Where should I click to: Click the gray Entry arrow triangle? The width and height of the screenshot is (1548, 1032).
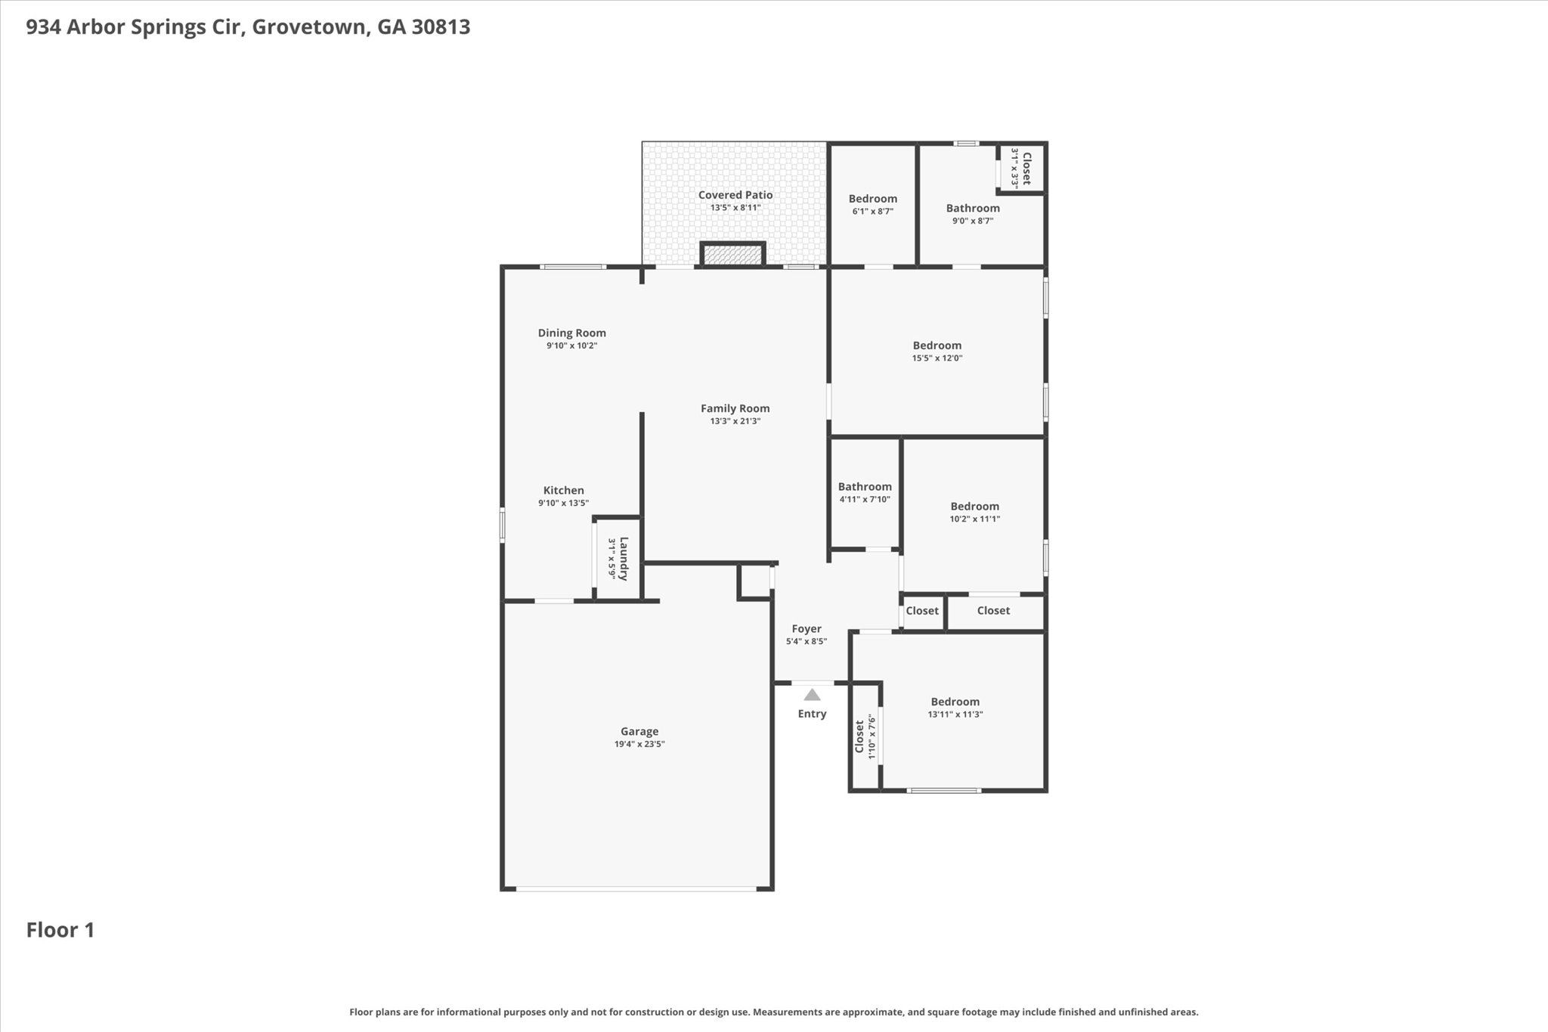(812, 695)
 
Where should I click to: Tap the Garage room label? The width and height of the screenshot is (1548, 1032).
(639, 731)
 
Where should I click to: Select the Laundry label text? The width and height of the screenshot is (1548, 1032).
(624, 559)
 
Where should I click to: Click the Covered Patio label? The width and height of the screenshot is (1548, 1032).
(735, 195)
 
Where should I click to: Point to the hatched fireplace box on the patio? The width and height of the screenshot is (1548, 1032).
(733, 254)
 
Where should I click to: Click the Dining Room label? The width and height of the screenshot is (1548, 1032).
(572, 333)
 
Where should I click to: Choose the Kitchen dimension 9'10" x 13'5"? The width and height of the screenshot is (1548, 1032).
(564, 503)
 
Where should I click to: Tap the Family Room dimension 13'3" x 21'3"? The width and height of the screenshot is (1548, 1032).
(735, 421)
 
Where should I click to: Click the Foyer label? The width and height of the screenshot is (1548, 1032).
(807, 629)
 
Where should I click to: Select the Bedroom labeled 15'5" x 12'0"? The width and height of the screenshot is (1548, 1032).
(937, 346)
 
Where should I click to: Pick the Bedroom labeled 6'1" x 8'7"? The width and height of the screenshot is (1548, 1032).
(873, 199)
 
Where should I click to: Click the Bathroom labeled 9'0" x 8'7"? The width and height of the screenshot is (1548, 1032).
(973, 208)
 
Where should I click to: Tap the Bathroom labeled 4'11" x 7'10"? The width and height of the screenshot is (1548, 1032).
(865, 487)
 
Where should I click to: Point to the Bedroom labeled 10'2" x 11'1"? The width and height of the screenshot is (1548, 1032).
(975, 507)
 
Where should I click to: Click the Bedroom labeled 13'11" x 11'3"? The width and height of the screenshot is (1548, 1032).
(955, 702)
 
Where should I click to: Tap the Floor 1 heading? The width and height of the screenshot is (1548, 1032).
(60, 930)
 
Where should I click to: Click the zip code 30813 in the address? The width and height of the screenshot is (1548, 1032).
(441, 27)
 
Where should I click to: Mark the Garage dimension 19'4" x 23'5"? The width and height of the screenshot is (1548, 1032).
(639, 744)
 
